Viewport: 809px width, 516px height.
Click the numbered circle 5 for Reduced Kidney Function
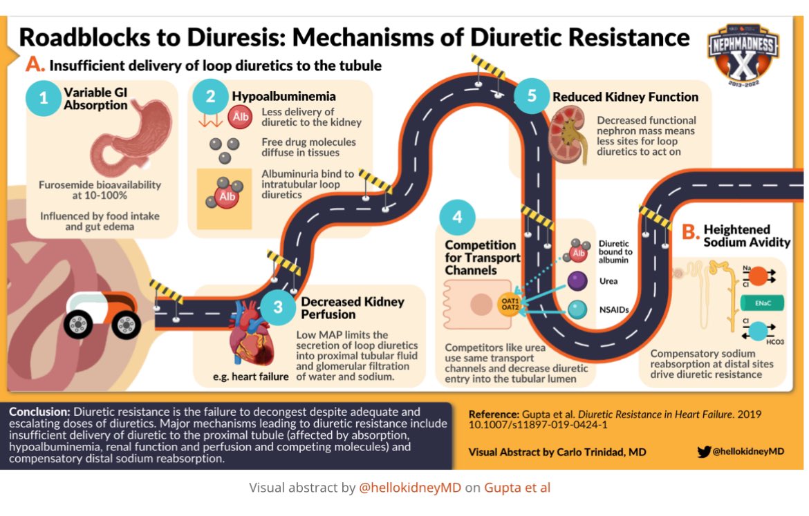(531, 96)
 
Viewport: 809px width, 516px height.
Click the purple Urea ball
(578, 281)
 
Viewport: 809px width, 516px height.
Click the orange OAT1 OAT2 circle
(510, 303)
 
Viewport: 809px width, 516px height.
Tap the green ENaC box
(760, 303)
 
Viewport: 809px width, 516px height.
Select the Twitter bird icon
(704, 452)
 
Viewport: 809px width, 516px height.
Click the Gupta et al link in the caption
(517, 488)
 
